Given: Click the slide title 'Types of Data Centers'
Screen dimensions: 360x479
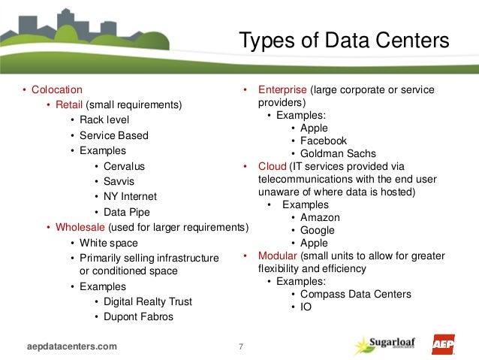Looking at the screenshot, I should [x=343, y=41].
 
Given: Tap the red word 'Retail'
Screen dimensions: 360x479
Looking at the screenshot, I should [x=69, y=104].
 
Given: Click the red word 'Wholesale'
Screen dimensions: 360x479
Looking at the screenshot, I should [x=80, y=227].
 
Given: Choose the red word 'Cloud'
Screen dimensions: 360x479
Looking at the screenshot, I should [x=272, y=166].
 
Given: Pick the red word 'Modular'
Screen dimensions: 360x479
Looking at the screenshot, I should [x=277, y=256].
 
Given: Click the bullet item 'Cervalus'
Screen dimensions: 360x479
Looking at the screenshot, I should [x=125, y=166].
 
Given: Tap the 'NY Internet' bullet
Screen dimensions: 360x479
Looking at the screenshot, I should [x=131, y=196].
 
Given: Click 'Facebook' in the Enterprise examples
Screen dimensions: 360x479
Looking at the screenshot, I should [x=324, y=141].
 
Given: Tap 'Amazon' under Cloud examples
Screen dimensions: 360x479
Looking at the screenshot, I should [x=320, y=217].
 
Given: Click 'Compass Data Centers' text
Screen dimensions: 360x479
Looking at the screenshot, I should [x=355, y=294].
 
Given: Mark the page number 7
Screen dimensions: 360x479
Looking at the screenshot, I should [x=240, y=346].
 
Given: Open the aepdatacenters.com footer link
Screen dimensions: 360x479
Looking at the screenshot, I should [x=72, y=346].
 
